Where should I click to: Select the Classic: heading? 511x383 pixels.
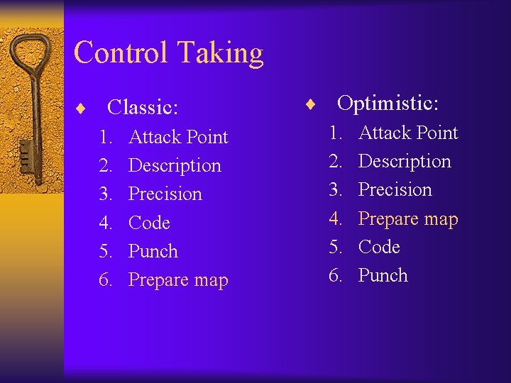[142, 108]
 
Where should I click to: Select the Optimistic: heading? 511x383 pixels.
[388, 104]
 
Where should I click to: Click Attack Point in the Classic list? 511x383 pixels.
[178, 137]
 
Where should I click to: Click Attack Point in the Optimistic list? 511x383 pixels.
[408, 133]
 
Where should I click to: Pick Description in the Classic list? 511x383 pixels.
[175, 166]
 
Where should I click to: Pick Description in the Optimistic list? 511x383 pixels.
[405, 162]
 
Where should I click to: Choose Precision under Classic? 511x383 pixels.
[165, 194]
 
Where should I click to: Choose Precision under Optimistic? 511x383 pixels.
[395, 190]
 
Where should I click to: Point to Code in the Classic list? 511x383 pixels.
[149, 223]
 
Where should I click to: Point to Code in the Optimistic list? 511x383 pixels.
[379, 247]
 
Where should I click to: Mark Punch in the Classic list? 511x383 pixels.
[153, 251]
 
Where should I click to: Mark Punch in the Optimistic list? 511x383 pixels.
[383, 275]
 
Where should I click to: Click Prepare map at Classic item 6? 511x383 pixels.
[178, 280]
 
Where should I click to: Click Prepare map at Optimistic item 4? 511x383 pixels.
[408, 219]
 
